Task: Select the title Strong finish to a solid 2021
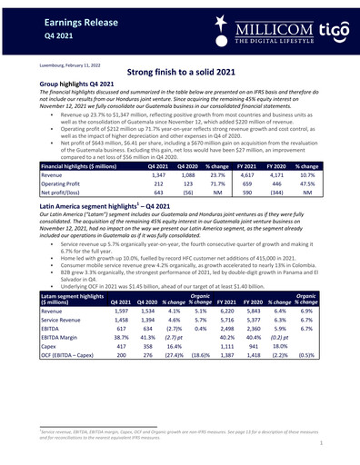pyautogui.click(x=180, y=81)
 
